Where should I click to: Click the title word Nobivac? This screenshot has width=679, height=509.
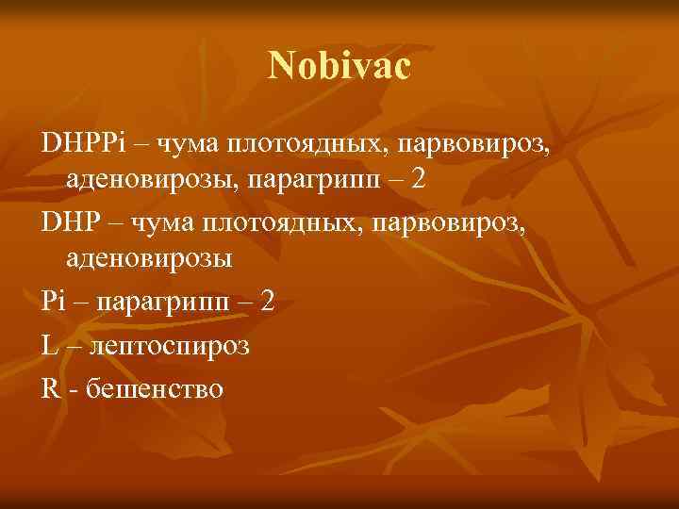tap(339, 66)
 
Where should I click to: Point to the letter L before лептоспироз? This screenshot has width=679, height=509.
tap(50, 346)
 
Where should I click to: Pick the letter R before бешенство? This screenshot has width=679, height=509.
tap(51, 386)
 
